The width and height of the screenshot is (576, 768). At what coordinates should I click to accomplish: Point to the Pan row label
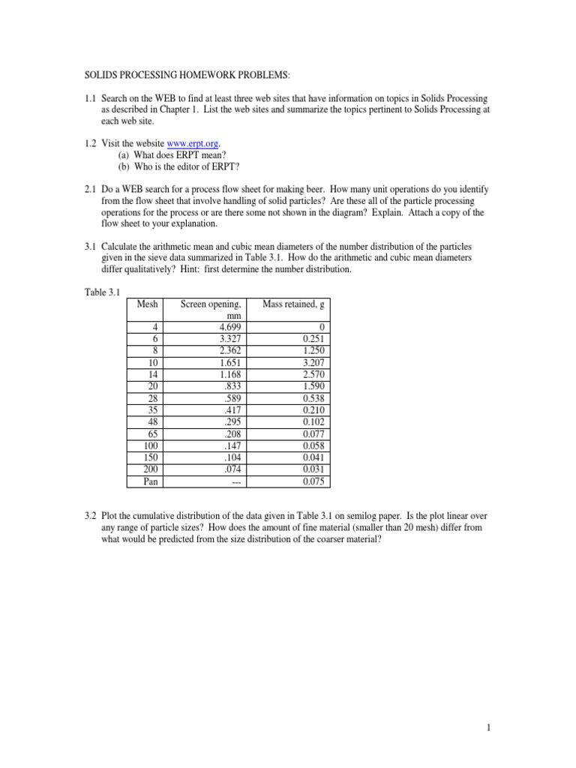[151, 482]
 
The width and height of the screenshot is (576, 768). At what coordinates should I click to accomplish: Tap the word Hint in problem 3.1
[303, 268]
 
